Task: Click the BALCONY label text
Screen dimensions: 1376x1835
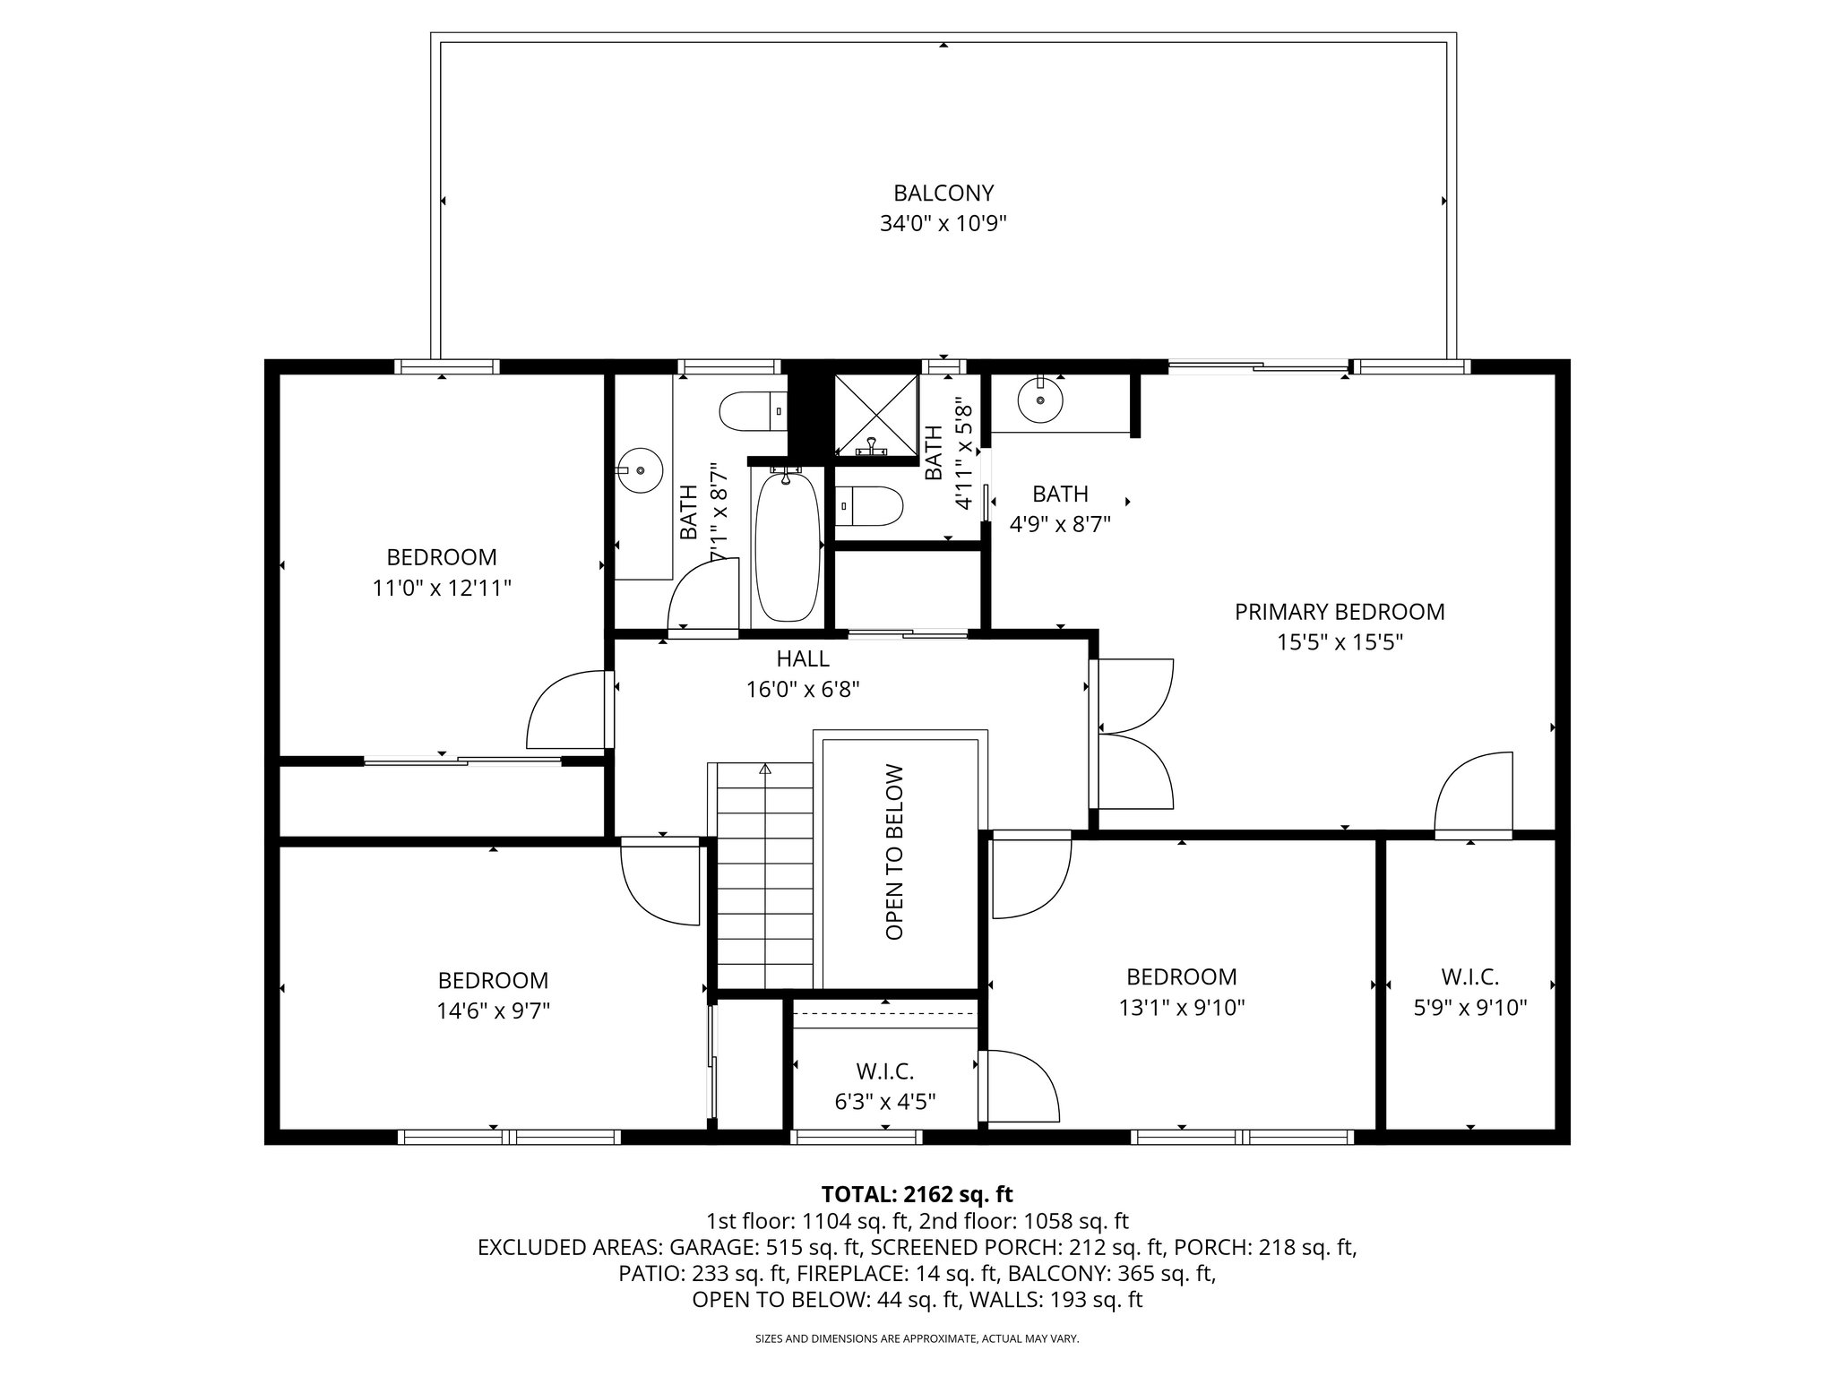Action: coord(943,193)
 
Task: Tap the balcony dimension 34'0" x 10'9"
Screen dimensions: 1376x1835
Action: coord(943,223)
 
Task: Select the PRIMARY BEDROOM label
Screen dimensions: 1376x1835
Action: coord(1340,612)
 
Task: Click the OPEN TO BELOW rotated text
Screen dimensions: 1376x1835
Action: coord(894,852)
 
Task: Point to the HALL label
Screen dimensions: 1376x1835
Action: coord(803,658)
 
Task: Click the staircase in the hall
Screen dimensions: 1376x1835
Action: coord(764,873)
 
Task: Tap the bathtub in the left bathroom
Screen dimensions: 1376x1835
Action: coord(787,546)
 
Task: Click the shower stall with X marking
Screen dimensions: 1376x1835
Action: coord(876,415)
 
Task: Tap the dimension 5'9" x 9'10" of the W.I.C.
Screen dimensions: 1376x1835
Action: coord(1470,1008)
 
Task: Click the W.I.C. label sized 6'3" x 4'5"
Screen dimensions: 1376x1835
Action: coord(885,1071)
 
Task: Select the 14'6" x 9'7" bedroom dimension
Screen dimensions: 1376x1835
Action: coord(493,1011)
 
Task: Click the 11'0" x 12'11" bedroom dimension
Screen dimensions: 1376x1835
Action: coord(442,589)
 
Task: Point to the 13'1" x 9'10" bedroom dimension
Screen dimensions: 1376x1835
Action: coord(1182,1008)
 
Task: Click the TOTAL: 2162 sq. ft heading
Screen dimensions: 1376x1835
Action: coord(917,1194)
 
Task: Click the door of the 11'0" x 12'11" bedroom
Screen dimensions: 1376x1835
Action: coord(566,713)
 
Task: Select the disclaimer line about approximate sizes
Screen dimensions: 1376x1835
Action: coord(917,1339)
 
